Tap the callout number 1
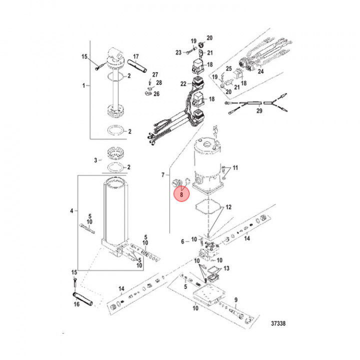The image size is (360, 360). [x=83, y=85]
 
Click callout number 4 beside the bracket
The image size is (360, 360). [x=71, y=211]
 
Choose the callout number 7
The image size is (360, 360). [x=162, y=174]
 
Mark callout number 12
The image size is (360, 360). [x=228, y=206]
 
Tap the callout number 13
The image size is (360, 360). [x=227, y=269]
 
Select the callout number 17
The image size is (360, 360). [x=135, y=56]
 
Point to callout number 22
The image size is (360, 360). [x=183, y=83]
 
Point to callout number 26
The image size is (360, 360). [x=156, y=93]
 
